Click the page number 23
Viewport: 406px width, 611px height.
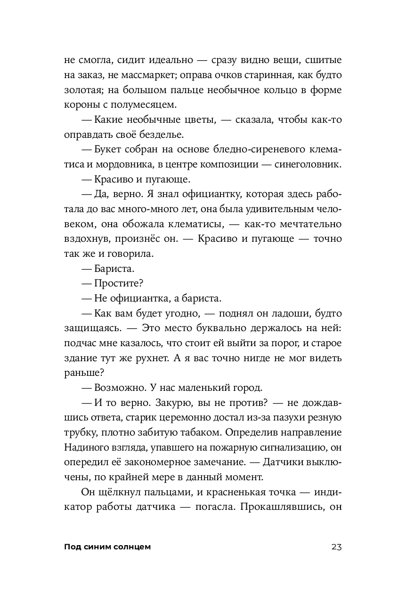(336, 547)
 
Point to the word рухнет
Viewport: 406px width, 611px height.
(165, 358)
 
